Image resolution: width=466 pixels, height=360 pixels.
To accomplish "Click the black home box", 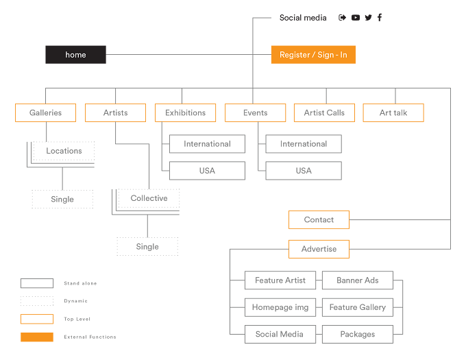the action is [x=75, y=55].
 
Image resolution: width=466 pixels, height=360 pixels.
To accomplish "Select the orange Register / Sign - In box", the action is [x=313, y=55].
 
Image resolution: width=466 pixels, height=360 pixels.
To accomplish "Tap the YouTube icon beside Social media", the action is [x=356, y=18].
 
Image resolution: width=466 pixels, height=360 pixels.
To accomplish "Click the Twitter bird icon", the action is [x=368, y=18].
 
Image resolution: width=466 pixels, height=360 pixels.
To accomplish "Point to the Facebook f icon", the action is [x=380, y=18].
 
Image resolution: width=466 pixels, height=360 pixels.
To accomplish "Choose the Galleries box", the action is [x=45, y=112].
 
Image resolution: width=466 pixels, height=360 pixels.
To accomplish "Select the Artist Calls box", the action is [x=324, y=112].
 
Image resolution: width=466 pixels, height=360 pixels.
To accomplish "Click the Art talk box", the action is [x=393, y=112].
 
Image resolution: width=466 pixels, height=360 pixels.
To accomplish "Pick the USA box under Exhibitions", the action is [x=207, y=171].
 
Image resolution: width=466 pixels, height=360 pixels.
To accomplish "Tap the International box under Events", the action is [x=304, y=144].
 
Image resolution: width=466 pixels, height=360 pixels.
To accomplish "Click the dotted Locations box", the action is [x=64, y=151].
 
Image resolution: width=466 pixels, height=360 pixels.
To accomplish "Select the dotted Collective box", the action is [x=149, y=198].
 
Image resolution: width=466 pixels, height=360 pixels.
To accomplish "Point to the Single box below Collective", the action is [x=147, y=246].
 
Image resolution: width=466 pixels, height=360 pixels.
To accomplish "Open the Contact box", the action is [x=319, y=219].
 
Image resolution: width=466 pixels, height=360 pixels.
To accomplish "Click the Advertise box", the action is [x=319, y=249].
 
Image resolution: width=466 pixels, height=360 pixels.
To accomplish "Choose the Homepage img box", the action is [x=280, y=307].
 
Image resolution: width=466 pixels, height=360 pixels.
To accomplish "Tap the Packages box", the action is [x=358, y=334].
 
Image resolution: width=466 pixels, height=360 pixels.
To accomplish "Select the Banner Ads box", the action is [x=358, y=280].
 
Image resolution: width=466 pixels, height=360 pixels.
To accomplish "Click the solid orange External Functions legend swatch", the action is [x=37, y=337].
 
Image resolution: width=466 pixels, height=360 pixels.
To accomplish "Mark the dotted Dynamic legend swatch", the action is [x=37, y=301].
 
